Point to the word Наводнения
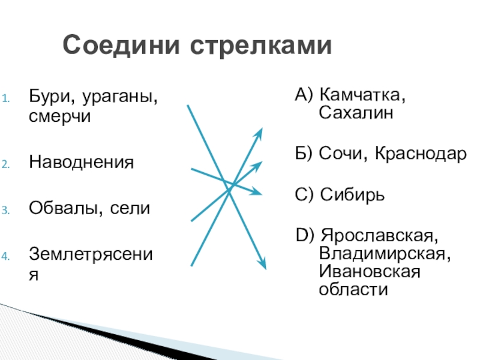click(x=81, y=163)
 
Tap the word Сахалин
click(x=355, y=113)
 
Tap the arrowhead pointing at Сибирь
click(x=258, y=193)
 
